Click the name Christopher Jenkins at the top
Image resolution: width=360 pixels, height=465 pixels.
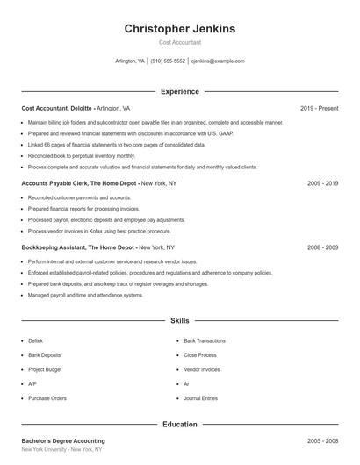[x=180, y=29]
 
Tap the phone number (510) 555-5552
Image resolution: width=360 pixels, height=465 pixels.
[x=168, y=61]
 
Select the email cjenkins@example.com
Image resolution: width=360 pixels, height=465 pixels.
[x=218, y=61]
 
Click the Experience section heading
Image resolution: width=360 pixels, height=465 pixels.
[x=180, y=91]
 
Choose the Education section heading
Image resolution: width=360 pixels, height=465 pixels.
[x=180, y=425]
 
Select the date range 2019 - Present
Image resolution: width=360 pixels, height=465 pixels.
[x=319, y=108]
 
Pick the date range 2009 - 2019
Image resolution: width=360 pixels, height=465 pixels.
[x=322, y=183]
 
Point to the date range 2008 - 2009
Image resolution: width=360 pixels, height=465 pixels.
[x=322, y=247]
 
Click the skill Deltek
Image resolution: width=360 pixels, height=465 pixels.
[x=35, y=340]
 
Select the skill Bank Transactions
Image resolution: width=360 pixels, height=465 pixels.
[x=205, y=340]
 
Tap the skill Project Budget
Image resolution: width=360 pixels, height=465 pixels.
[x=44, y=369]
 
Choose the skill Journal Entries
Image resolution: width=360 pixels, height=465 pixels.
[x=200, y=398]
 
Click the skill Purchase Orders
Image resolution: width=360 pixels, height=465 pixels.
[x=47, y=398]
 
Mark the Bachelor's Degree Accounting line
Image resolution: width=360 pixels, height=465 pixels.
[x=63, y=440]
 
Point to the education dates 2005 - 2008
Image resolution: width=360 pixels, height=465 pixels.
[x=322, y=440]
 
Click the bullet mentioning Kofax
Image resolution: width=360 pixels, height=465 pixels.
[x=98, y=231]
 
